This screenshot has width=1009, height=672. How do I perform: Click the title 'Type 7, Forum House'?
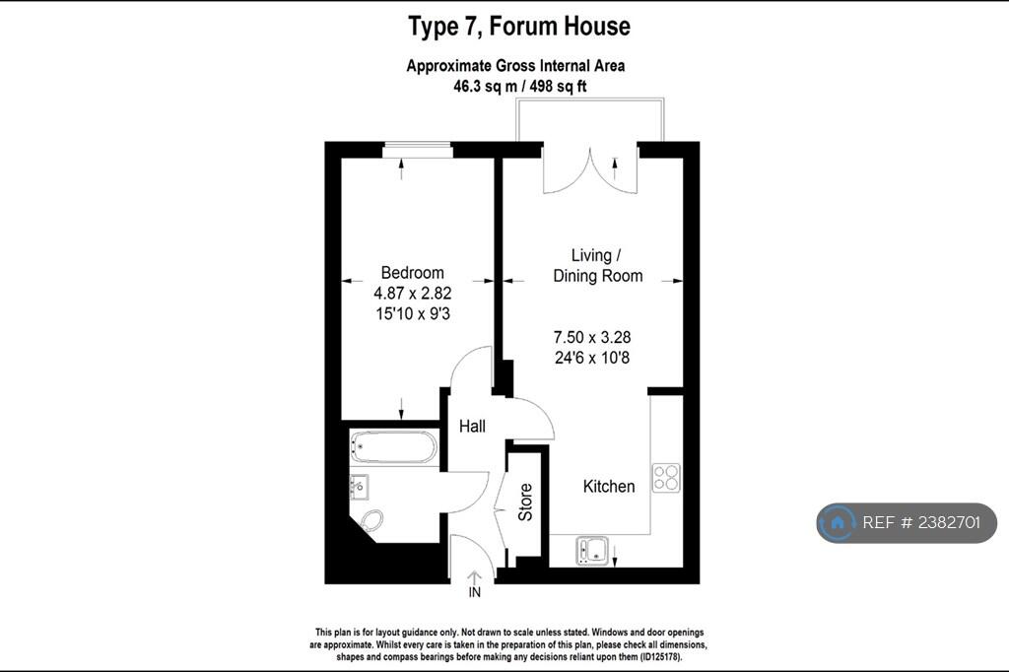(x=519, y=27)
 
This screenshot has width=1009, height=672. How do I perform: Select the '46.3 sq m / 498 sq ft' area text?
(x=520, y=87)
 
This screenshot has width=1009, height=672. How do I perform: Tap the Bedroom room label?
(x=413, y=272)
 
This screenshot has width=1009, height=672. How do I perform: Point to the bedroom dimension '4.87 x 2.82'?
(x=413, y=293)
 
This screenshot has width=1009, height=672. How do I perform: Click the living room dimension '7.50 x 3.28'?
(x=592, y=337)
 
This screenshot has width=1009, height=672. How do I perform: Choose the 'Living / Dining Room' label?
(x=598, y=265)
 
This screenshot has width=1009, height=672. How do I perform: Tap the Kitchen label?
(x=609, y=486)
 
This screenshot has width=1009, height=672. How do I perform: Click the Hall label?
(x=472, y=426)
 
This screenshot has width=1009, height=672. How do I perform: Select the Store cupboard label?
(x=526, y=503)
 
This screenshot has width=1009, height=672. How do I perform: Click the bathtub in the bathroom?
(x=394, y=447)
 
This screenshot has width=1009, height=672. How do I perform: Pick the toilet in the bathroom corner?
(x=371, y=519)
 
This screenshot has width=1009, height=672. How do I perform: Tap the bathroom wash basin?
(x=359, y=487)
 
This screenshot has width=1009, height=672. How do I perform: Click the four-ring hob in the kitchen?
(x=666, y=478)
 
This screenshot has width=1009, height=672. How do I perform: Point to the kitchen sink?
(x=593, y=552)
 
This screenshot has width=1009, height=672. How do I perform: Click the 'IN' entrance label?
(x=474, y=592)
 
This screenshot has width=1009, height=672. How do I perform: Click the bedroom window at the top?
(x=418, y=152)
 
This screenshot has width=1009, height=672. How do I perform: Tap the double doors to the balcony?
(x=590, y=170)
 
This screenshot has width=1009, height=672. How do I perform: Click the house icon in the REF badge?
(x=838, y=522)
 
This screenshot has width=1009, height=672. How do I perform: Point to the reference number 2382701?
(x=949, y=522)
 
